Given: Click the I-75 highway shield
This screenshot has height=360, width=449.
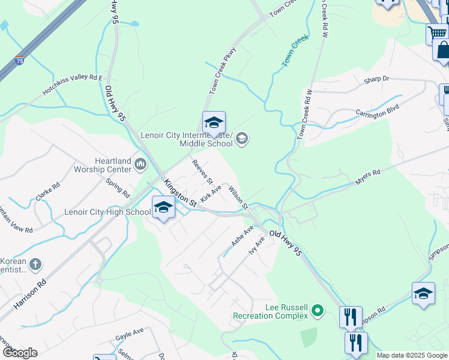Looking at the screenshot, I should [x=20, y=61].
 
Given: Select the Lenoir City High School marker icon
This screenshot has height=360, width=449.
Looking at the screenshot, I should [x=163, y=208].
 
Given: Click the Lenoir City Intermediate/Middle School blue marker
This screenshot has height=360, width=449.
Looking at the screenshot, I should [x=214, y=123].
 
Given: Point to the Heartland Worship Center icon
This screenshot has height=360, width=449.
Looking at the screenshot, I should [x=140, y=163].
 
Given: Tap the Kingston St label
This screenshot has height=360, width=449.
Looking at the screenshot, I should [x=181, y=193].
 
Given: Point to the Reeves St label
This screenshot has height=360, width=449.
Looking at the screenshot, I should [x=202, y=172].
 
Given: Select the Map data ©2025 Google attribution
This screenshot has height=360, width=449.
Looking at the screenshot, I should [x=412, y=355].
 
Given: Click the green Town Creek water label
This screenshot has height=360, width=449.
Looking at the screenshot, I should [x=295, y=50].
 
